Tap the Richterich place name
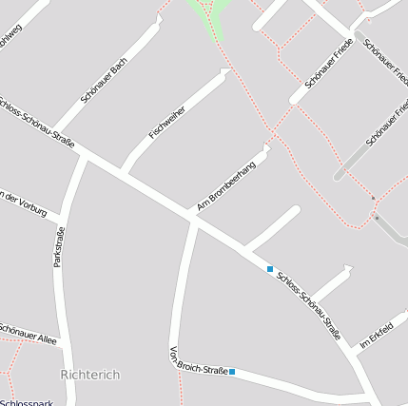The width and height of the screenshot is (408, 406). [90, 375]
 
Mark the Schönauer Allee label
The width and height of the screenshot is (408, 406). [29, 333]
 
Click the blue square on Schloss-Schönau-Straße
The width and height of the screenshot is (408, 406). [270, 269]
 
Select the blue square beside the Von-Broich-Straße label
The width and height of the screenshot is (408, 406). [232, 372]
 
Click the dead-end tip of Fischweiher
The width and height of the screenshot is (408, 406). [226, 72]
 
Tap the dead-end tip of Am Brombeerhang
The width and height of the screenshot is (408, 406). [266, 148]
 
